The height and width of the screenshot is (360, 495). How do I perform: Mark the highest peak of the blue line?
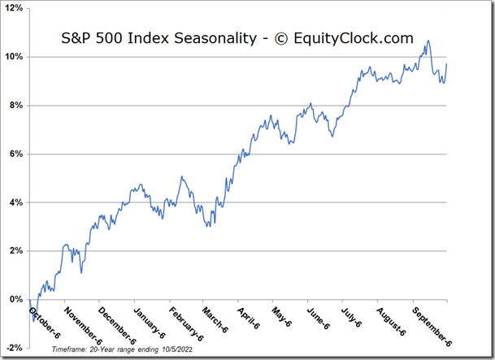click(x=428, y=41)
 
